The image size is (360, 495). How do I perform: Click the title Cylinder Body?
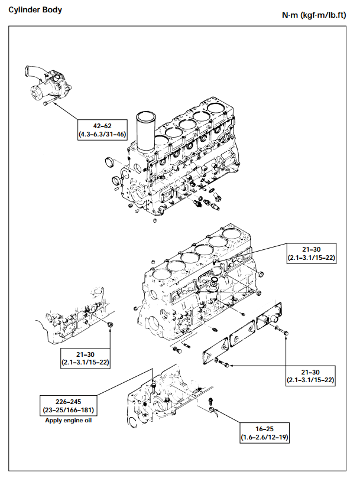pos(35,9)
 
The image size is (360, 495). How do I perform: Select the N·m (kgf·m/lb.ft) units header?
pos(313,14)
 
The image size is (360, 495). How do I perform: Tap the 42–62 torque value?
pos(102,126)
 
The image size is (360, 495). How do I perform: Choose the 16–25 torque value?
pos(265,429)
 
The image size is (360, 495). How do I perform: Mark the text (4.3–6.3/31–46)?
pos(102,134)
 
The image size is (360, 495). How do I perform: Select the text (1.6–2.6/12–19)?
pos(265,438)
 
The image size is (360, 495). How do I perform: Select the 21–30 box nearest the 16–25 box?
pos(311,376)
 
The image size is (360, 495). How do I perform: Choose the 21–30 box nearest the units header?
pos(311,253)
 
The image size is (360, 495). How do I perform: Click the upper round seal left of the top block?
pos(109,161)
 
